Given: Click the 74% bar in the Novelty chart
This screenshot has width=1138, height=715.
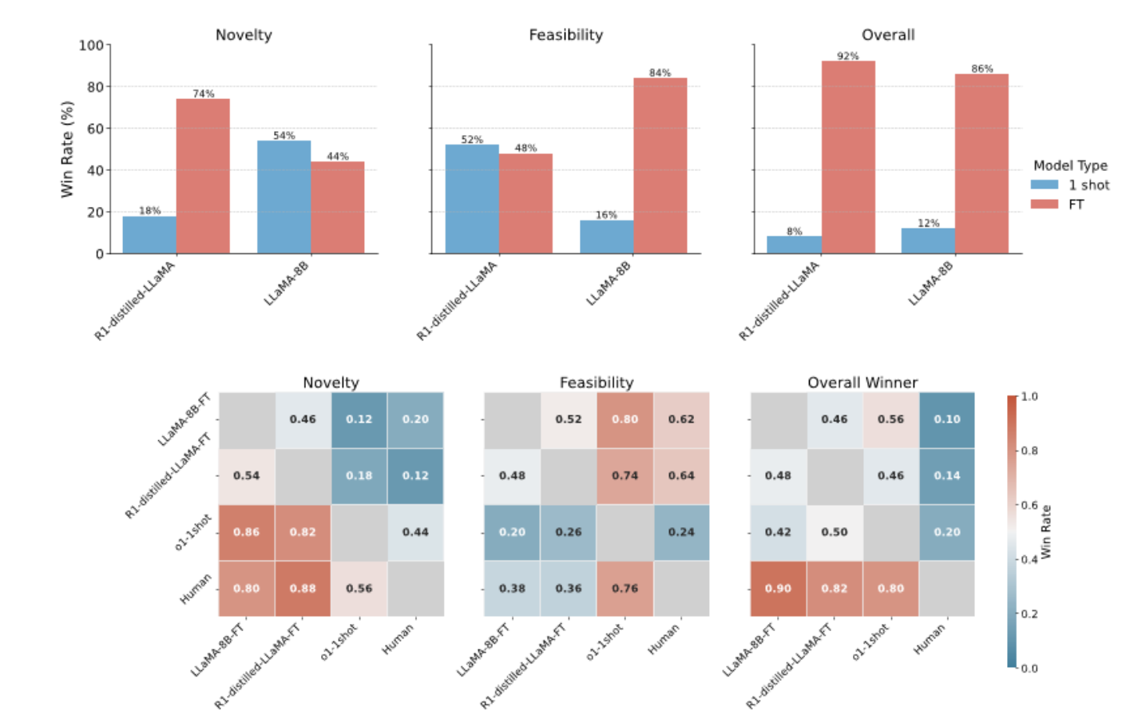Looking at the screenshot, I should (x=203, y=177).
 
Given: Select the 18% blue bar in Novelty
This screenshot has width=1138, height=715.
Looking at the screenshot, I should (x=149, y=235).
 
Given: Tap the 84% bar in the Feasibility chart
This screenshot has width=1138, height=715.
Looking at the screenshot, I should (x=660, y=166).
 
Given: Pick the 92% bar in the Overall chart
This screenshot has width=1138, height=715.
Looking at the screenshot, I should (x=848, y=157).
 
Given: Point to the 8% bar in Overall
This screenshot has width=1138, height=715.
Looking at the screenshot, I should (x=794, y=244).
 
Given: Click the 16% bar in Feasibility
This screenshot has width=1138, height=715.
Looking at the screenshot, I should (x=606, y=236).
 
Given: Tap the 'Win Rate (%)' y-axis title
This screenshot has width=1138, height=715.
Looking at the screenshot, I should (x=67, y=149).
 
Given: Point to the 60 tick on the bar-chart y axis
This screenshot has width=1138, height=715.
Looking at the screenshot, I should (x=95, y=128).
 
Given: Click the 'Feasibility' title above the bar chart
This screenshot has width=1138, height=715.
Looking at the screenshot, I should (x=565, y=34).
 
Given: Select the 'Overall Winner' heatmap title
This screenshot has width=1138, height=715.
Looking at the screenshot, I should (x=862, y=383).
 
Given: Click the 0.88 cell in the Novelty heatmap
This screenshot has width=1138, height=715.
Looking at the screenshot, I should (x=303, y=588).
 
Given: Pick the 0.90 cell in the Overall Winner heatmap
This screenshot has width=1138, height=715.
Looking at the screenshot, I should (x=778, y=588).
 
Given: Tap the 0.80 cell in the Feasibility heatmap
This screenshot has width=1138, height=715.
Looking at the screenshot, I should (x=625, y=419).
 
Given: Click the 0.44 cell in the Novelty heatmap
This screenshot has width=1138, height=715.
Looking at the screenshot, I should (x=415, y=532).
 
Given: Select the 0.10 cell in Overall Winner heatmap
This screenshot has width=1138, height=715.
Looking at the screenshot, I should (x=947, y=419).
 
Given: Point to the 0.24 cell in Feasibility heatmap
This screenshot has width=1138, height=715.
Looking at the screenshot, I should (x=681, y=532).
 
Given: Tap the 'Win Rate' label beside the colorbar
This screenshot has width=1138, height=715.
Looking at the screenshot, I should (x=1046, y=531).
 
